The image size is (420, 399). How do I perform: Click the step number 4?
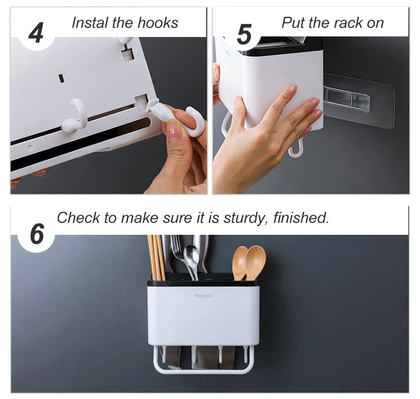(36, 33)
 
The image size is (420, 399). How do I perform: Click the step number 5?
(244, 34)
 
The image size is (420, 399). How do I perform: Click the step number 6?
(37, 234)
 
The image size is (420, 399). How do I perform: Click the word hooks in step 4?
(158, 22)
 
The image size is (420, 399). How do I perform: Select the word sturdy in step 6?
(246, 219)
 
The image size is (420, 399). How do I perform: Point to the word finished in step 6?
(301, 217)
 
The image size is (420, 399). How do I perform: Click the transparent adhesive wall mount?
(358, 101)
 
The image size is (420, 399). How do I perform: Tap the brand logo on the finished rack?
(203, 296)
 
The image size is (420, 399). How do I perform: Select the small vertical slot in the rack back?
(62, 78)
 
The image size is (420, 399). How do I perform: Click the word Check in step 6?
(79, 217)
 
